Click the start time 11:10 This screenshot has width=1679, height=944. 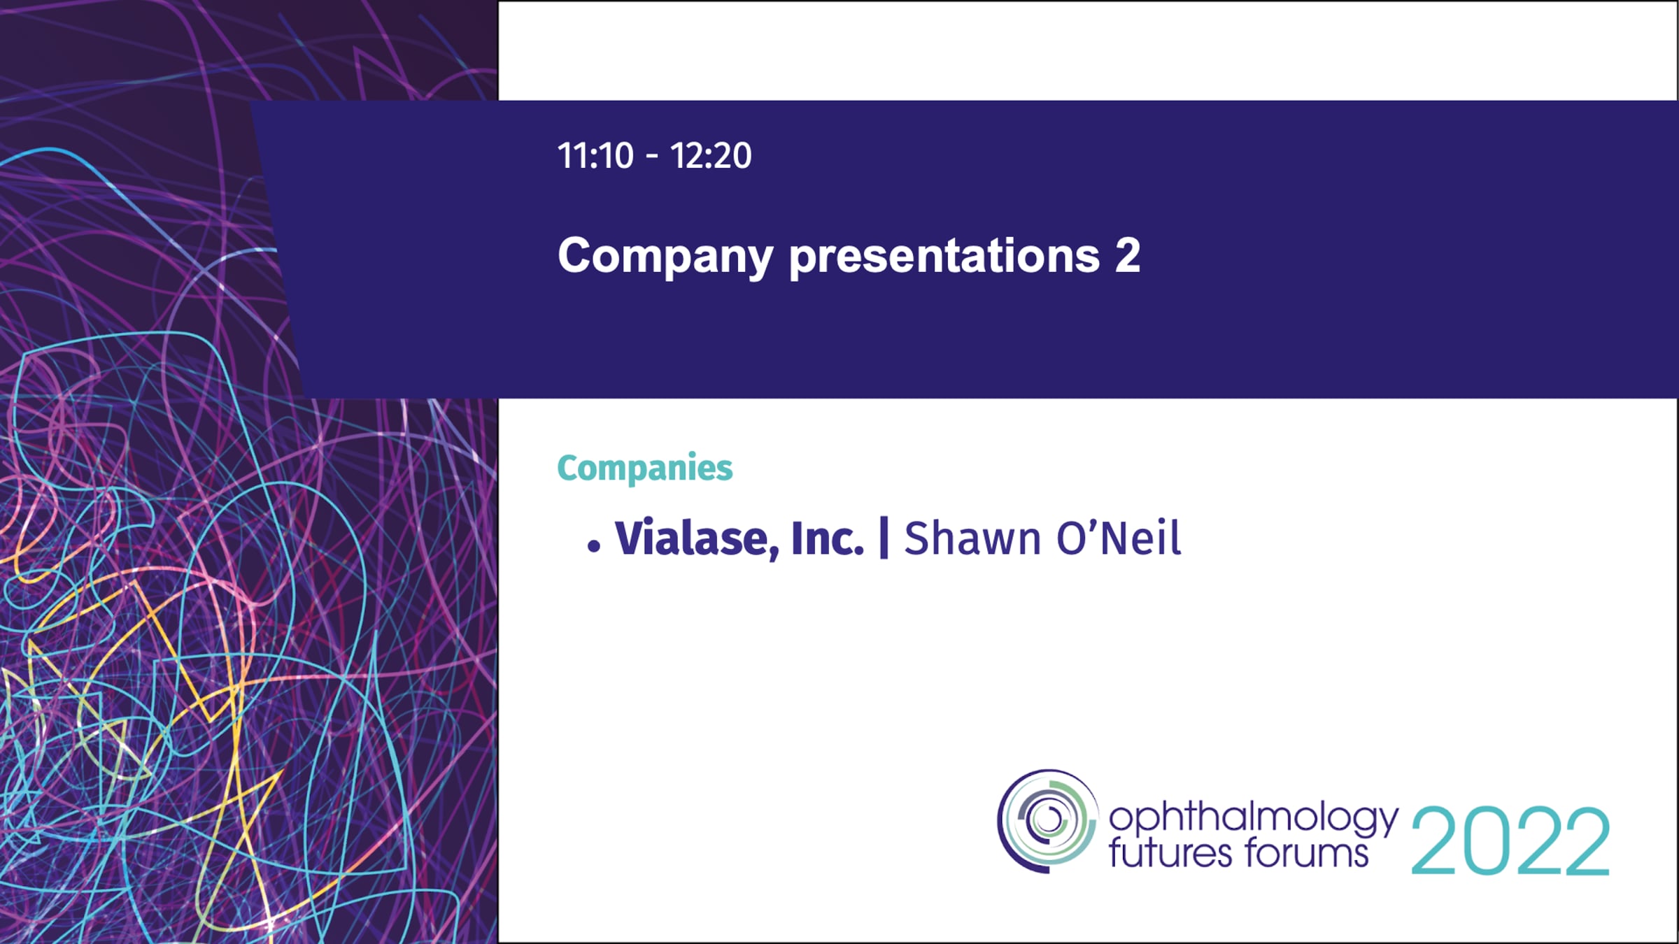pyautogui.click(x=595, y=155)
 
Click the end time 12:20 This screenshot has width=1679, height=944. pyautogui.click(x=711, y=155)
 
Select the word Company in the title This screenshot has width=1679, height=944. pyautogui.click(x=665, y=257)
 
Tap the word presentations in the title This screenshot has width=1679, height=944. pyautogui.click(x=944, y=256)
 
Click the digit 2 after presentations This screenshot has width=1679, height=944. pyautogui.click(x=1128, y=255)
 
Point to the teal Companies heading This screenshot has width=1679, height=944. pyautogui.click(x=644, y=468)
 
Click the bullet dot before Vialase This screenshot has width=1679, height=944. pyautogui.click(x=594, y=546)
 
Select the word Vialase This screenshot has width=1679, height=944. pyautogui.click(x=697, y=538)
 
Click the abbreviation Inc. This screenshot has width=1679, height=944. pyautogui.click(x=828, y=538)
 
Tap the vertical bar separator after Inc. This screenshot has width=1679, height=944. pyautogui.click(x=884, y=537)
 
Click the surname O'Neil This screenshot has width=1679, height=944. pyautogui.click(x=1119, y=538)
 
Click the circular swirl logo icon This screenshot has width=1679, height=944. pyautogui.click(x=1047, y=821)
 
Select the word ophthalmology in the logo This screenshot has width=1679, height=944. pyautogui.click(x=1254, y=818)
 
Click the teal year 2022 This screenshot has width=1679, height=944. pyautogui.click(x=1510, y=841)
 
